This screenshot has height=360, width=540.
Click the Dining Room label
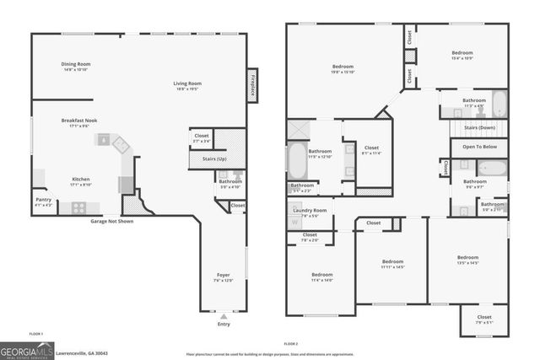coord(76,64)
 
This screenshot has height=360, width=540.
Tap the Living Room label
coord(187,83)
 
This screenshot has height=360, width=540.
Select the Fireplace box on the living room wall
coord(251,83)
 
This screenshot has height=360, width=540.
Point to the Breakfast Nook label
coord(79,121)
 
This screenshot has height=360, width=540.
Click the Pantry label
coord(42,200)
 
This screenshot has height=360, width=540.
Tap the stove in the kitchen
coord(78,207)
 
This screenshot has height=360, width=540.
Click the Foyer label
coord(223,276)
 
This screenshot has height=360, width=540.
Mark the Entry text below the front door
coord(223,324)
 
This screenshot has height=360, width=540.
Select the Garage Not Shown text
coord(112,221)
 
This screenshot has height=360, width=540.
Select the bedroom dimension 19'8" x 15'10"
coord(343,72)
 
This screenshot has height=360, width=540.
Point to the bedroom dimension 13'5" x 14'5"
coord(467,263)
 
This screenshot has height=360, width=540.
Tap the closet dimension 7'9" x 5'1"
coord(483,322)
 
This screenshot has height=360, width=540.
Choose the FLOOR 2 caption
coord(291,344)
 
